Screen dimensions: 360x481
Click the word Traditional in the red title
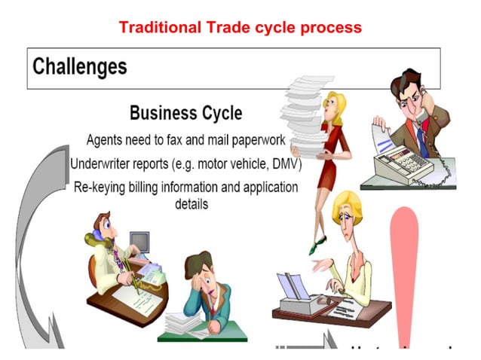(x=159, y=27)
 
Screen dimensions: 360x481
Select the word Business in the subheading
(x=160, y=113)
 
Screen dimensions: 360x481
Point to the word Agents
(x=106, y=140)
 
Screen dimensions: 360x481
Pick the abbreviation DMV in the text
(x=283, y=163)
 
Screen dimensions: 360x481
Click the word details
(x=191, y=203)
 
